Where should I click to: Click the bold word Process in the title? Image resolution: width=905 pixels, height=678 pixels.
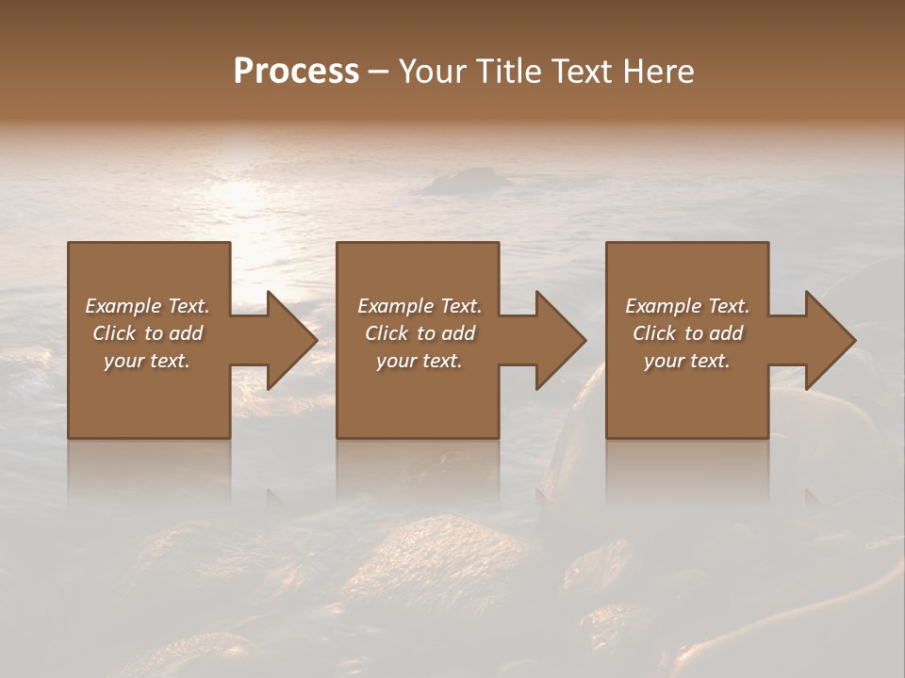[x=296, y=72]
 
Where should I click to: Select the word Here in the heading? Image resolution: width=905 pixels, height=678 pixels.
[x=659, y=72]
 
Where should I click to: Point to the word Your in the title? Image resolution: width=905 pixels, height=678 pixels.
[x=435, y=72]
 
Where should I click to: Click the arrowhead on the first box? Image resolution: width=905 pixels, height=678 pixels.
[x=291, y=340]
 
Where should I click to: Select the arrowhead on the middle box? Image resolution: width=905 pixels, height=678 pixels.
[x=560, y=340]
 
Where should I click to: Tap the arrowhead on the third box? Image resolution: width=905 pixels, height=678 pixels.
[x=830, y=340]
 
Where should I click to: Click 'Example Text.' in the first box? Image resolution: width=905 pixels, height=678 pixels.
[x=147, y=306]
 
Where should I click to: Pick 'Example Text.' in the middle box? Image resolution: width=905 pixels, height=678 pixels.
[x=420, y=306]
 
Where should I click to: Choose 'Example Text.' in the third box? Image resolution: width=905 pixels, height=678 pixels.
[x=687, y=306]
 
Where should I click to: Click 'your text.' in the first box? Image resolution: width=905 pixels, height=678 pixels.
[x=147, y=361]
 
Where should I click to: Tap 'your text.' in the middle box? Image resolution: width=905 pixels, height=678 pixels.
[x=420, y=361]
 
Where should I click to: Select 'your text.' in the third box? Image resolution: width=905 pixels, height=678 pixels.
[x=687, y=361]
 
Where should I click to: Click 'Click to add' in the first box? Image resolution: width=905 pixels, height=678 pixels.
[x=147, y=333]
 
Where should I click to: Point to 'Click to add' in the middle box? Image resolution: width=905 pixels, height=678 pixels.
[x=420, y=333]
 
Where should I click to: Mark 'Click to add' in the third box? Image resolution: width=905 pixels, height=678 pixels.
[x=687, y=333]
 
